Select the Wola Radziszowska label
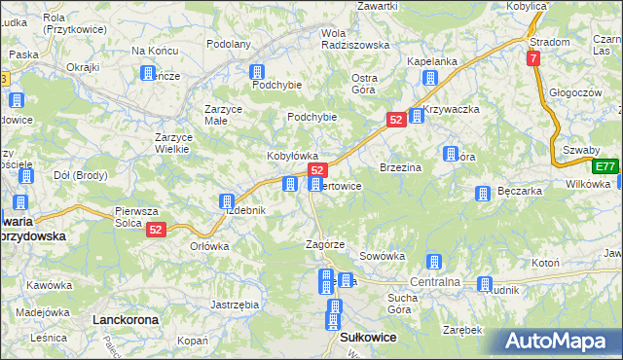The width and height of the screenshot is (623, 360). pos(354,38)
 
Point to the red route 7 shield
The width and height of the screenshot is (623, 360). pos(534,59)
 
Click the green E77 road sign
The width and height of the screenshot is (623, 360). pos(606,165)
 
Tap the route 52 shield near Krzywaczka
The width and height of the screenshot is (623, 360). pos(395,119)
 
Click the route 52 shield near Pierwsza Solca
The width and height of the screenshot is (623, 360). pos(157,229)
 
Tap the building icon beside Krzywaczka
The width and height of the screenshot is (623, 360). pos(416,116)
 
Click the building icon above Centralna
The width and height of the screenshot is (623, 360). pos(434,263)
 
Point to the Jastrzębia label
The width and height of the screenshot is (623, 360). pos(235,305)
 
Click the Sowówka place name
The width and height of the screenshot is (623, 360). pos(382,256)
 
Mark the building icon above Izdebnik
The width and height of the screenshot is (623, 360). pos(226,201)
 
